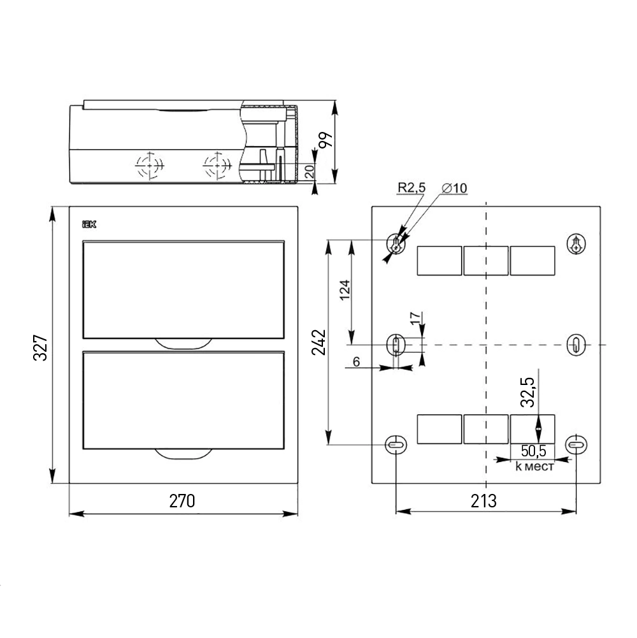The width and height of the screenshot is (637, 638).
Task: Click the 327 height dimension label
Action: pyautogui.click(x=40, y=348)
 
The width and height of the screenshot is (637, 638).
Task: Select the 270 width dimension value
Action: pyautogui.click(x=182, y=501)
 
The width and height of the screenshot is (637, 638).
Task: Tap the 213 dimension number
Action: pyautogui.click(x=484, y=501)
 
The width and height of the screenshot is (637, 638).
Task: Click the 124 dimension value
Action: pyautogui.click(x=345, y=290)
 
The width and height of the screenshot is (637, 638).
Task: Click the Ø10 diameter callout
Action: pyautogui.click(x=454, y=188)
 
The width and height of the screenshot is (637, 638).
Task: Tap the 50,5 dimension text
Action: pyautogui.click(x=533, y=451)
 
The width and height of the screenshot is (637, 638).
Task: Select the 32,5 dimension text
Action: pyautogui.click(x=528, y=392)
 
